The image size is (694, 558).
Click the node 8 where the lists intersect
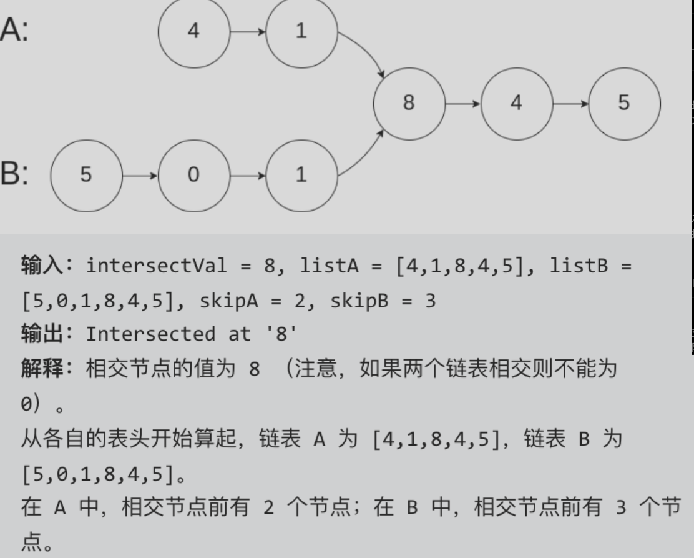pos(409,104)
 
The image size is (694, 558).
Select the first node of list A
pos(194,32)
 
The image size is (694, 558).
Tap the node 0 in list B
pos(194,176)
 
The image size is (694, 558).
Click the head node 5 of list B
pos(86,176)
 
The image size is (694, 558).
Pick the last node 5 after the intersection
pos(625,104)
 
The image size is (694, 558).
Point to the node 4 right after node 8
pos(517,104)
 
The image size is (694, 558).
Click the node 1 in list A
pos(302,32)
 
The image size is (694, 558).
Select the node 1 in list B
pos(302,176)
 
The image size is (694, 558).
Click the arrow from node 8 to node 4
pos(463,104)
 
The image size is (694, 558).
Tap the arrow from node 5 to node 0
pos(140,176)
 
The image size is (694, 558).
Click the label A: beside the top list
pos(14,29)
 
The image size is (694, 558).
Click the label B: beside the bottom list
pos(14,173)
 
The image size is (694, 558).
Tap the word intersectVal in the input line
pos(156,266)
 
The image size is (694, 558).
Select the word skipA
pos(229,301)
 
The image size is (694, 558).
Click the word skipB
pos(359,301)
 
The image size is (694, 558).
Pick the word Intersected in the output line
pos(150,334)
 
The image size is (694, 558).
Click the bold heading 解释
pos(42,368)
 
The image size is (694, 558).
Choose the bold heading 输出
pos(42,334)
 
